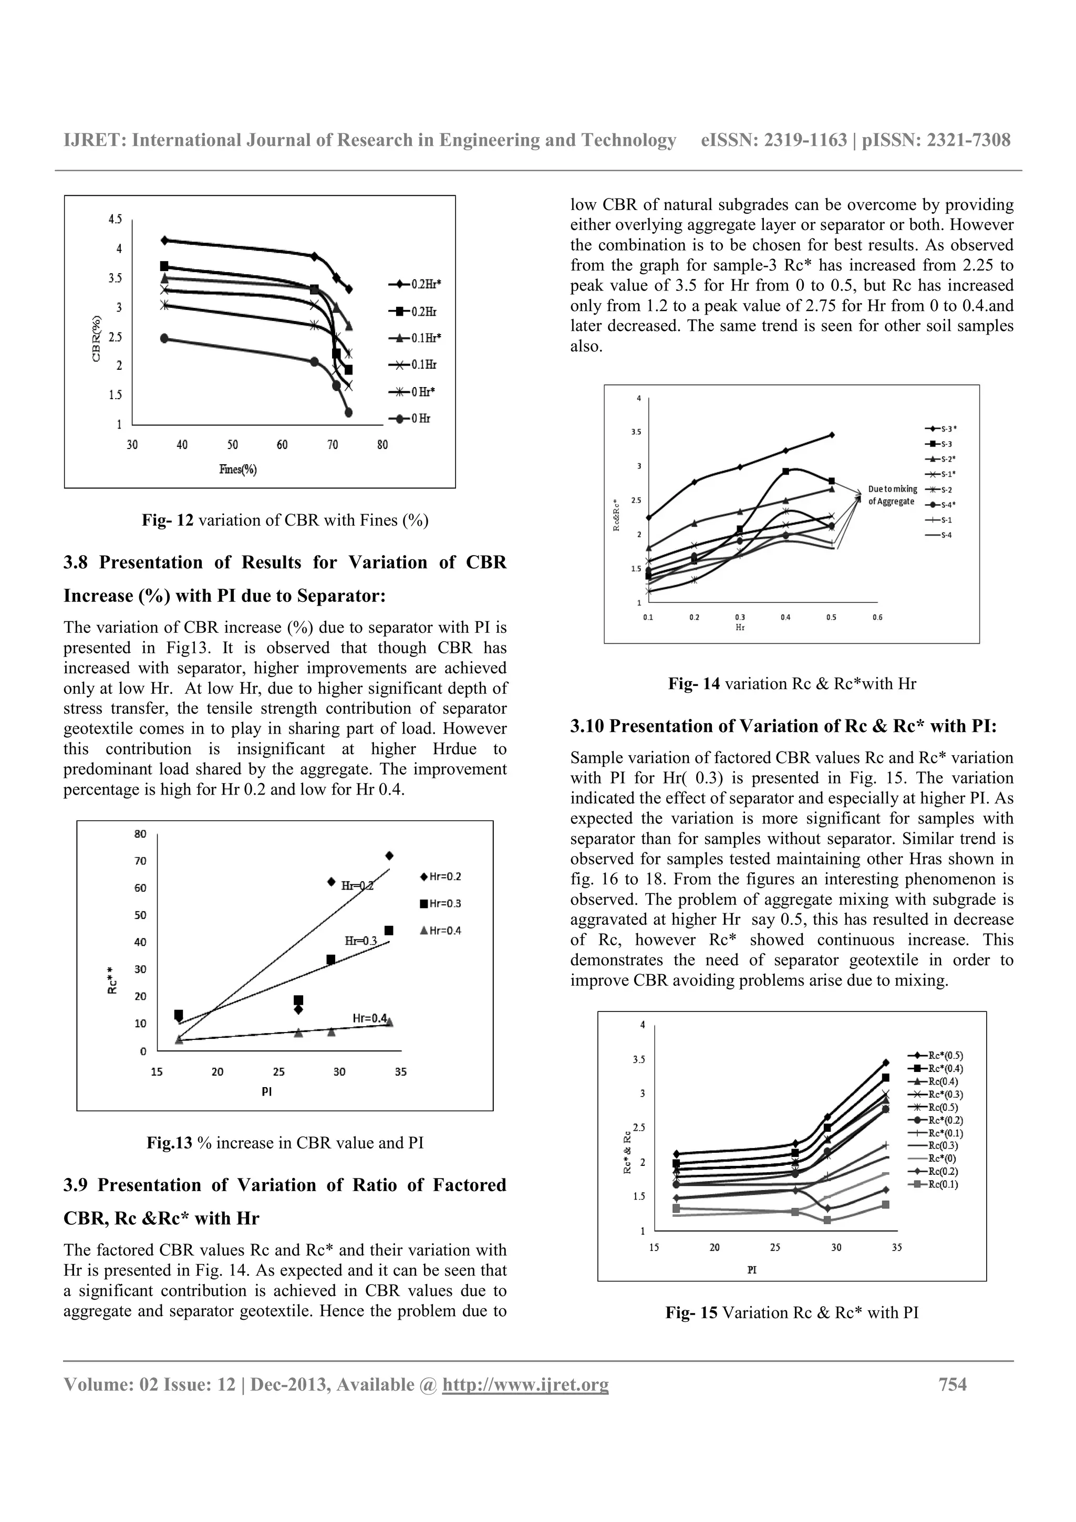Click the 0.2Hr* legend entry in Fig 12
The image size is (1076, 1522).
[415, 284]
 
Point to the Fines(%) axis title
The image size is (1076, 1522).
[238, 470]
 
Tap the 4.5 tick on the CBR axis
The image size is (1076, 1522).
[116, 220]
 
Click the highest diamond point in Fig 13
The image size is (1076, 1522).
[389, 856]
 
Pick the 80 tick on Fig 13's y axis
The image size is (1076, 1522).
[141, 834]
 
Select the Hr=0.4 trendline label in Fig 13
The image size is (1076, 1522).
[370, 1018]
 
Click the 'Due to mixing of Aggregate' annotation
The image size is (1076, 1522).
[892, 495]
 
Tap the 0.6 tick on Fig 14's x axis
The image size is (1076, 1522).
[877, 617]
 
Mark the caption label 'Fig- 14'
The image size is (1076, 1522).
[694, 683]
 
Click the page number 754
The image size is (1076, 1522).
[952, 1384]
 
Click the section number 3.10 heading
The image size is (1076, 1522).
[587, 726]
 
